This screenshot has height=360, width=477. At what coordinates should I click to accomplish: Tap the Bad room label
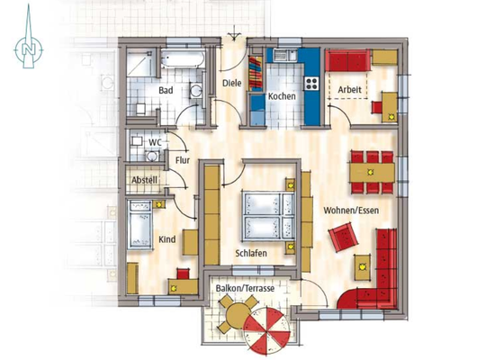(x=166, y=91)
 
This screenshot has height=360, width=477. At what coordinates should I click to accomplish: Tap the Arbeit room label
(x=351, y=88)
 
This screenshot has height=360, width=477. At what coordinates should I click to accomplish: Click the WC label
(x=155, y=142)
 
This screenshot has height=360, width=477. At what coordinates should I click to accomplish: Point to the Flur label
(x=183, y=161)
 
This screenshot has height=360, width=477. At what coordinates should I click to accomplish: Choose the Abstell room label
(x=145, y=180)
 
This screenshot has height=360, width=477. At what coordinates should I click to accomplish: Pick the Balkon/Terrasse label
(x=245, y=288)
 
